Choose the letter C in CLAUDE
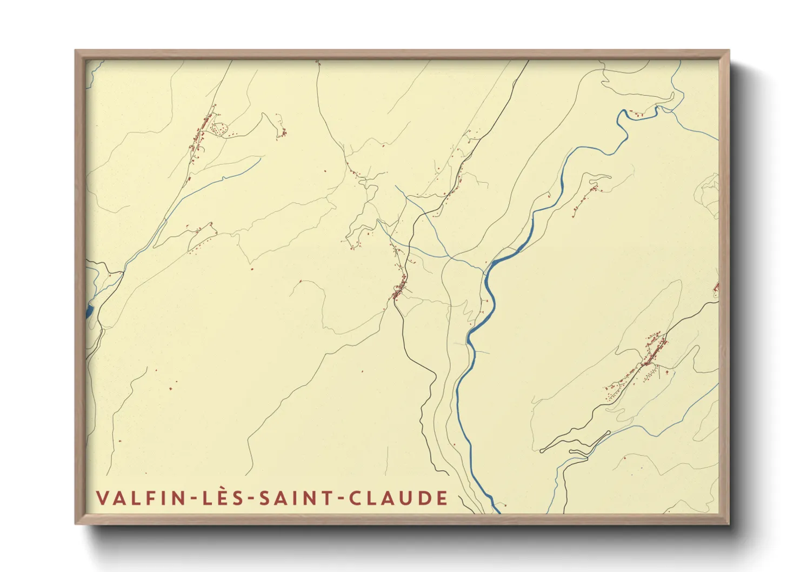tap(355, 498)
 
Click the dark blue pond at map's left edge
tap(89, 311)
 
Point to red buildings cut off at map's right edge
tap(717, 288)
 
